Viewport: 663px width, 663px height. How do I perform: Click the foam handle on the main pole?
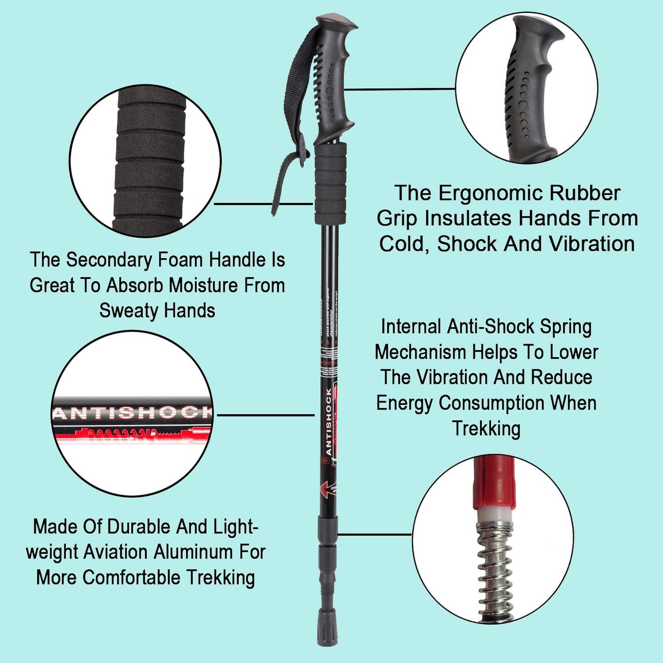(x=330, y=184)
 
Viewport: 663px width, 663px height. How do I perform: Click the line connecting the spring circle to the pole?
(x=374, y=534)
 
